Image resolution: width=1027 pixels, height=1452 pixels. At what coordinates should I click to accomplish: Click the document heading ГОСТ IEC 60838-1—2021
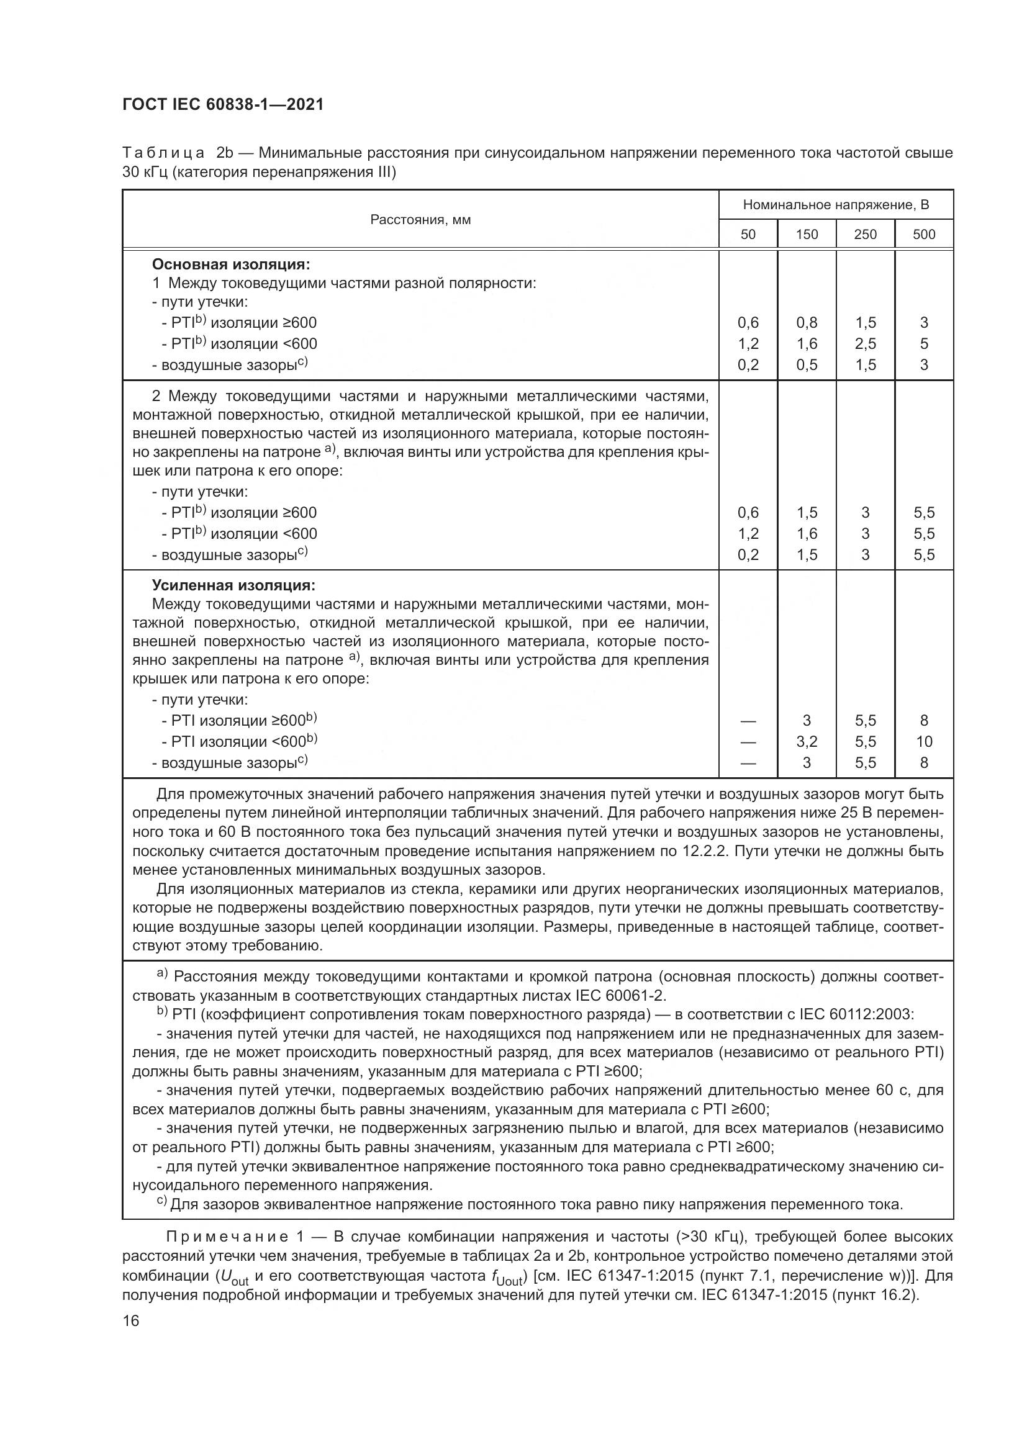(x=223, y=105)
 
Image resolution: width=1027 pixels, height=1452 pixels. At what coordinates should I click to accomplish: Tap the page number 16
(x=131, y=1320)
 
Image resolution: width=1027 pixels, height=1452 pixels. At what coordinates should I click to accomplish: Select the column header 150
(x=807, y=235)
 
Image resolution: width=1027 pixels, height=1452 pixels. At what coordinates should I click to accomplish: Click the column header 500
(x=924, y=235)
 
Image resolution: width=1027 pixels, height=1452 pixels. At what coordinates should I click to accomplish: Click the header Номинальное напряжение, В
(x=835, y=205)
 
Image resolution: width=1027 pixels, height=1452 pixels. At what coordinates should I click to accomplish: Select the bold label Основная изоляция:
(x=231, y=264)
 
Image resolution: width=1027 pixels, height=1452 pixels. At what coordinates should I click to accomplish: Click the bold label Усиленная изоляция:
(x=233, y=585)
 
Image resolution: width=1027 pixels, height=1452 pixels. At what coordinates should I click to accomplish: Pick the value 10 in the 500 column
(x=924, y=741)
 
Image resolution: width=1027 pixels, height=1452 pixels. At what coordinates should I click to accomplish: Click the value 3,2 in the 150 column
(x=807, y=741)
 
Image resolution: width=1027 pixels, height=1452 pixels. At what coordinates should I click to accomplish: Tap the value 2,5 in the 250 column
(x=865, y=344)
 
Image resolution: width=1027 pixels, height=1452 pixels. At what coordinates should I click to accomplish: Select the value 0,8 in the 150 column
(x=807, y=323)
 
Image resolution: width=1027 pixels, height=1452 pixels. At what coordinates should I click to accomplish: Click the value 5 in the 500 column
(x=924, y=344)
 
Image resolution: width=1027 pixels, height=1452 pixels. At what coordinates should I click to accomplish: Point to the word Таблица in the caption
(x=163, y=153)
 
